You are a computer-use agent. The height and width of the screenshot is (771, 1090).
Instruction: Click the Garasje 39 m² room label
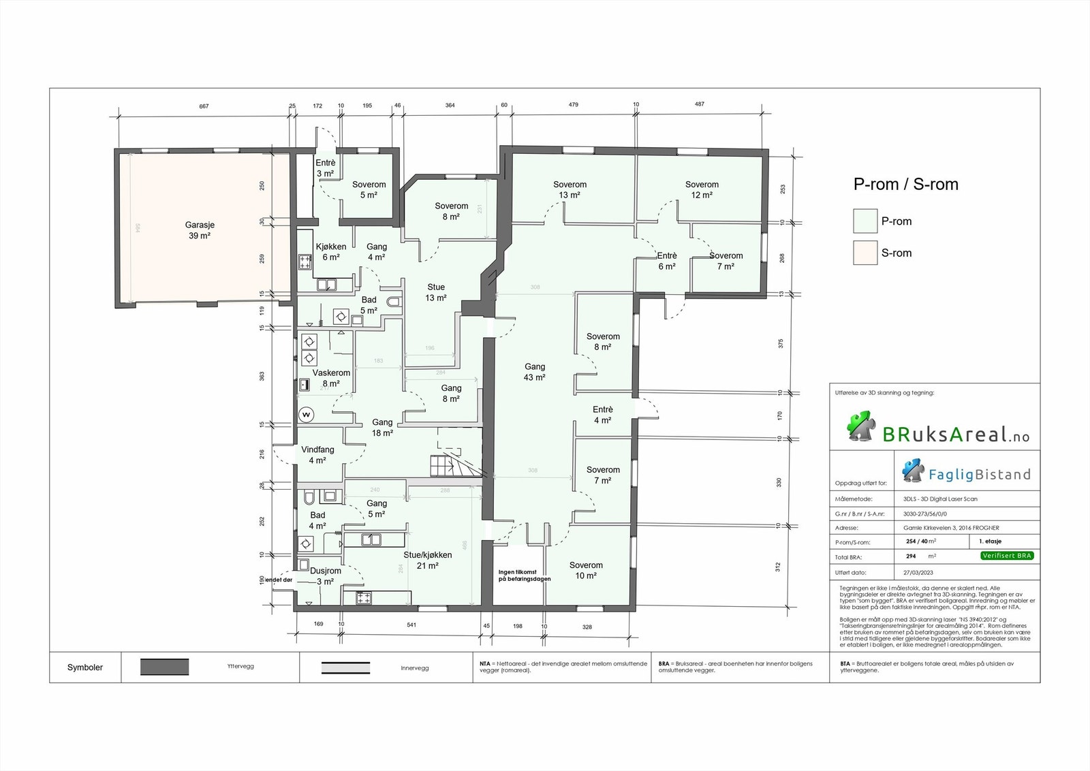click(x=200, y=230)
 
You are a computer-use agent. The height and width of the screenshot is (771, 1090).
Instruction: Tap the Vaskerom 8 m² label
click(x=331, y=378)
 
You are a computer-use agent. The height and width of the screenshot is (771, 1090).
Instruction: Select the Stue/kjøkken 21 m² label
click(x=427, y=560)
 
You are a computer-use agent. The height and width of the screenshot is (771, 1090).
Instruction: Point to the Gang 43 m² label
click(x=534, y=372)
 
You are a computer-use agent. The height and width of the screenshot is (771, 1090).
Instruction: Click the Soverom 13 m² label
click(x=570, y=189)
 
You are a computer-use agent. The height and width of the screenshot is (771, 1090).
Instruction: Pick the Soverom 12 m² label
click(x=702, y=189)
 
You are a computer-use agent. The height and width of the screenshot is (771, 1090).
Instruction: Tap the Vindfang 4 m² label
click(x=317, y=455)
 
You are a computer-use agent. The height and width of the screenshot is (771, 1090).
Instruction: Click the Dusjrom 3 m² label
click(x=325, y=576)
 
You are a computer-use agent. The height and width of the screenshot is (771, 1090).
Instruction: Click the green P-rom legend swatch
click(x=865, y=221)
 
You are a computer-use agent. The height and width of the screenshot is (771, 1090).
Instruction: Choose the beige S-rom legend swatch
click(x=865, y=253)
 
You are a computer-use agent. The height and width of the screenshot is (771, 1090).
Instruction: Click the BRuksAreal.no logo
click(x=938, y=428)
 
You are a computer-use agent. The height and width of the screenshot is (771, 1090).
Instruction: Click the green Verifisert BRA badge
click(x=1007, y=556)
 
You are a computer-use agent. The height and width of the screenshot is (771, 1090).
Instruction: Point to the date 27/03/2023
click(x=918, y=573)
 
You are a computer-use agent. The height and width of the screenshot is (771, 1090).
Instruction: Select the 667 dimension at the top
click(x=204, y=106)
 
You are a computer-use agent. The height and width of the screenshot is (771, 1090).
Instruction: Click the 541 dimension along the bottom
click(x=411, y=625)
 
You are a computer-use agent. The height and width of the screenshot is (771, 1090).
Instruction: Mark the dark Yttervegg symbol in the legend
click(x=164, y=667)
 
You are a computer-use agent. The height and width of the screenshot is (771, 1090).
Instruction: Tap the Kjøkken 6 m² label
click(x=331, y=252)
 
